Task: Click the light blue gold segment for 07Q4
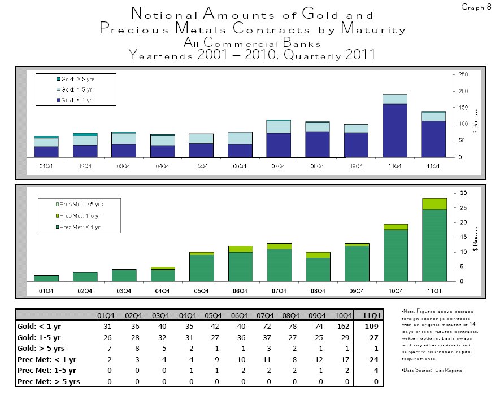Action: tap(277, 127)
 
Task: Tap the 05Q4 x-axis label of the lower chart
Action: tap(201, 290)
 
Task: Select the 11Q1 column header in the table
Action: tap(370, 315)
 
